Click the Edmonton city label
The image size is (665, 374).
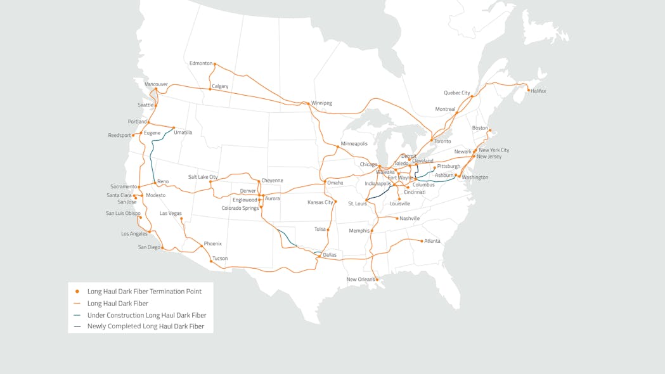coord(201,63)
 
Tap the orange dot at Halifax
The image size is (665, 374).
coord(529,90)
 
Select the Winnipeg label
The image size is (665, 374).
coord(321,103)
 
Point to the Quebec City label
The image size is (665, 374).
coord(457,93)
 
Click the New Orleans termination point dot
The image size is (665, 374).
coord(377,280)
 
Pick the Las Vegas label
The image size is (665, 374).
coord(171,214)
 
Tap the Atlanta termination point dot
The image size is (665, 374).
coord(422,241)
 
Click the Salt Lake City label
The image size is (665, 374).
coord(203,177)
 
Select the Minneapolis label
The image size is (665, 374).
coord(354,144)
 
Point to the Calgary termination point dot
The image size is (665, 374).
coord(210,89)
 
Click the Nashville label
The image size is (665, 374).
coord(410,219)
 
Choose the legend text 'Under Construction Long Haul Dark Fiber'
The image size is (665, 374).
coord(146,315)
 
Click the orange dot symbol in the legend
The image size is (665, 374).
coord(77,292)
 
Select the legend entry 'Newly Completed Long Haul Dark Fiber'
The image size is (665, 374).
coord(146,326)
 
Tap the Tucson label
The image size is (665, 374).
coord(220,259)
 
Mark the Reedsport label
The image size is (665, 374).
coord(119,135)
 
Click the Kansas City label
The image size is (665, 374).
coord(320,202)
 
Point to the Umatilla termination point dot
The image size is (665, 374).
coord(174,127)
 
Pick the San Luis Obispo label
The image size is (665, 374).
coord(123,214)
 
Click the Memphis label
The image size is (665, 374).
coord(359,231)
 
